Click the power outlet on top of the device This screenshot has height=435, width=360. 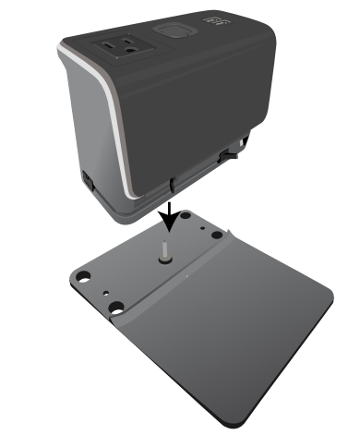(120, 45)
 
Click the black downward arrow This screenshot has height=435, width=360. (168, 215)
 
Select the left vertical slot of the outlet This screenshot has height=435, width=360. (113, 42)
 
